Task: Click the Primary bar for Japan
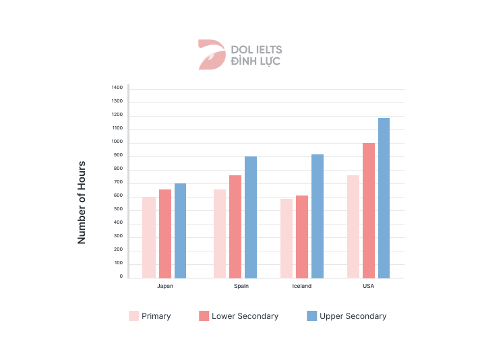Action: (x=149, y=237)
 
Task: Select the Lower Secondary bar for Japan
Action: (x=164, y=234)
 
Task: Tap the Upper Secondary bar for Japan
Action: (x=180, y=231)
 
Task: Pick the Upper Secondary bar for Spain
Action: (x=251, y=217)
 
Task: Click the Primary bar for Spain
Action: (x=220, y=234)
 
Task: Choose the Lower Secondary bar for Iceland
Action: (x=302, y=237)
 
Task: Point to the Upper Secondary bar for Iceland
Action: (x=318, y=216)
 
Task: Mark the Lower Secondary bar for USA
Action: (x=369, y=210)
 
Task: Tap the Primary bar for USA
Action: (x=353, y=227)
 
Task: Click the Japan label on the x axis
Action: (x=165, y=286)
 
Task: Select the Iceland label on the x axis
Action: (x=302, y=286)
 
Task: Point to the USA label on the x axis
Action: (x=368, y=286)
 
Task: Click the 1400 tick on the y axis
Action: (x=117, y=88)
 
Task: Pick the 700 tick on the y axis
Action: (x=118, y=182)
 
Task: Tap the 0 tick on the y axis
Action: (x=121, y=276)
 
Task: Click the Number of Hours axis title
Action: (x=82, y=202)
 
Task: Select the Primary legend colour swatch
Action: (x=133, y=316)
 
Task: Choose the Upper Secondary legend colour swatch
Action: (x=311, y=316)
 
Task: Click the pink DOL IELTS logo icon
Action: (x=211, y=55)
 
